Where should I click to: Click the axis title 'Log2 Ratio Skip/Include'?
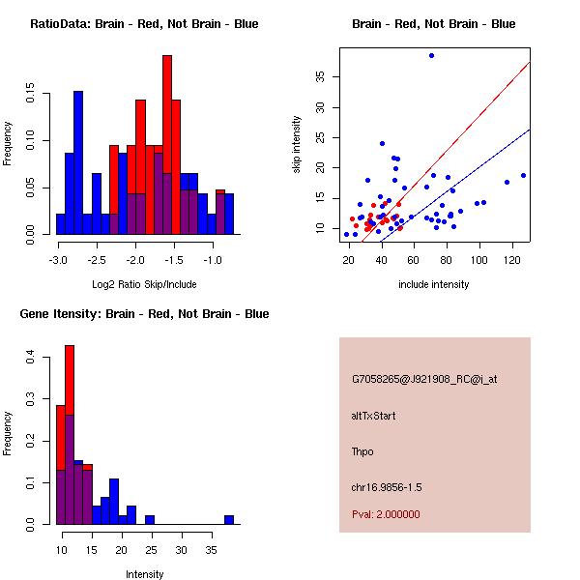[144, 285]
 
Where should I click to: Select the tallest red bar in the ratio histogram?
[167, 145]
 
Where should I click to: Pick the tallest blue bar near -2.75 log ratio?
[78, 162]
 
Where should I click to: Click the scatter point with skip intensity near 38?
[431, 55]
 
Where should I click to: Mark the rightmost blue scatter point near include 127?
[523, 176]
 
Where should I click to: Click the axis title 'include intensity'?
[434, 285]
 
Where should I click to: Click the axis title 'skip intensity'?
[297, 144]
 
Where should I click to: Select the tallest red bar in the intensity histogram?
[70, 435]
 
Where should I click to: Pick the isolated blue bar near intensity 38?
[229, 519]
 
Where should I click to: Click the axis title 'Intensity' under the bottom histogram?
[145, 574]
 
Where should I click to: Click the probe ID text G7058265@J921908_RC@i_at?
[411, 380]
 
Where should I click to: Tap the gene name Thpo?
[362, 451]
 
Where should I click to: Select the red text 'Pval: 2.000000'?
[387, 514]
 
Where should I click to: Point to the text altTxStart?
[373, 416]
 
